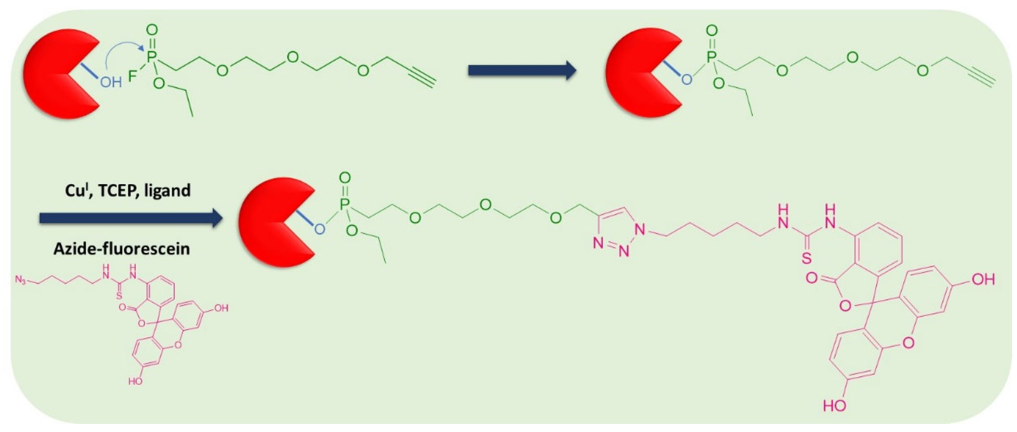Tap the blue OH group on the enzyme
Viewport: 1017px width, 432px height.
(111, 82)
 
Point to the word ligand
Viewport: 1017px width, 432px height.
(167, 191)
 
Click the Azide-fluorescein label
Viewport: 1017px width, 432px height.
(122, 249)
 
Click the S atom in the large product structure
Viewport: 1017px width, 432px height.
(807, 258)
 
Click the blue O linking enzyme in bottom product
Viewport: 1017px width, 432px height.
(319, 229)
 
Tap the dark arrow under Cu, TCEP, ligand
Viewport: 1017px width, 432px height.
(130, 217)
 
